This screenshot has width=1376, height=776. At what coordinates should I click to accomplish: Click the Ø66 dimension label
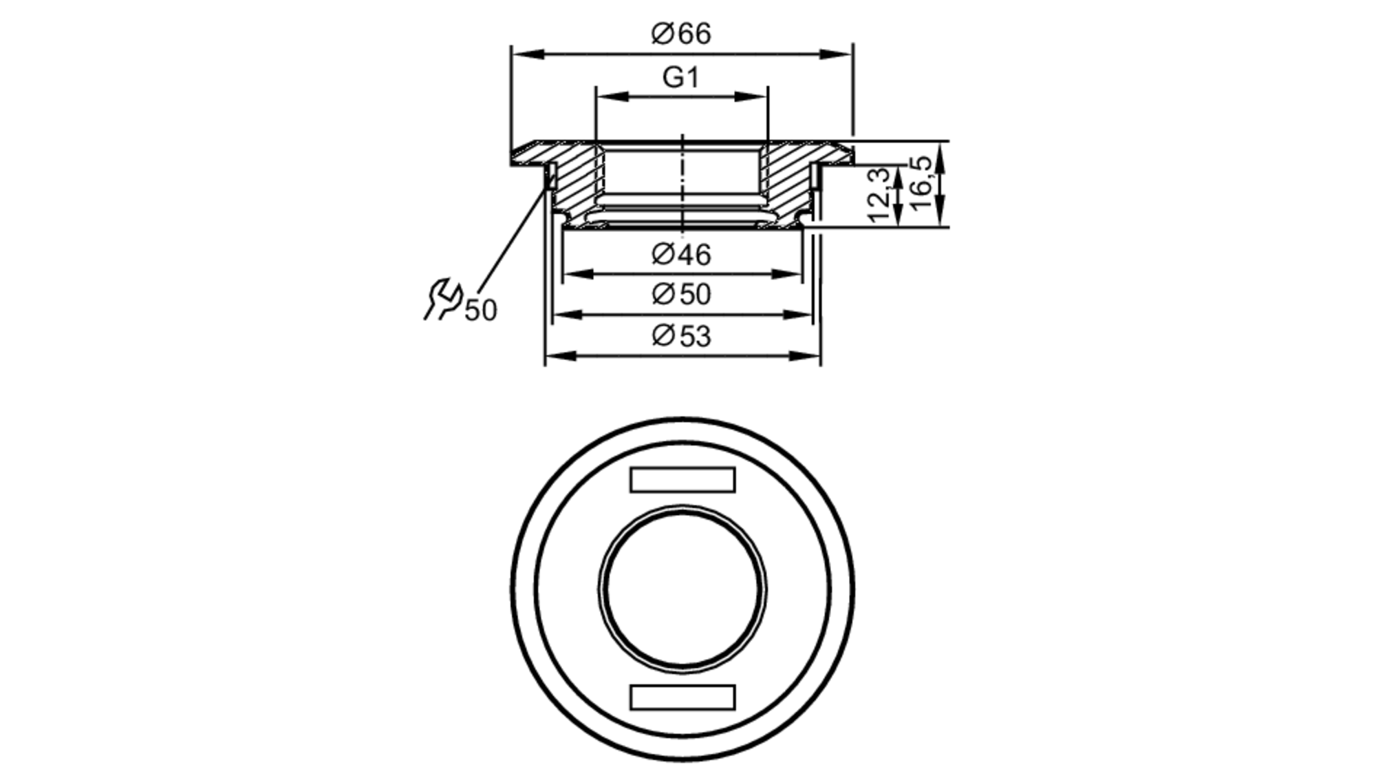click(x=680, y=34)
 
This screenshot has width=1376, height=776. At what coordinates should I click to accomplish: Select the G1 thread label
click(x=680, y=77)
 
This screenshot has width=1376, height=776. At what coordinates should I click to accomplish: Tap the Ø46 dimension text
click(x=680, y=255)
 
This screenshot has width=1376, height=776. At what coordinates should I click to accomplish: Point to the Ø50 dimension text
click(x=680, y=295)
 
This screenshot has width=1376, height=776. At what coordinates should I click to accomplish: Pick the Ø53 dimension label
click(x=680, y=337)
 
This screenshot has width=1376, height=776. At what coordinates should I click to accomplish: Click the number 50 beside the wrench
click(x=480, y=311)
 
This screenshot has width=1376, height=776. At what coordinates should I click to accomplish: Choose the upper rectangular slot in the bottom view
click(x=682, y=479)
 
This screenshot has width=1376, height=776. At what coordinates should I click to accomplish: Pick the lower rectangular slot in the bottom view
click(x=682, y=697)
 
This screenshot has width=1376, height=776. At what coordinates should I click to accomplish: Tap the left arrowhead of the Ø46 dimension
click(x=578, y=274)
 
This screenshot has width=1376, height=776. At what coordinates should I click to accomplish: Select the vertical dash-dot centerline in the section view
click(x=682, y=182)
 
